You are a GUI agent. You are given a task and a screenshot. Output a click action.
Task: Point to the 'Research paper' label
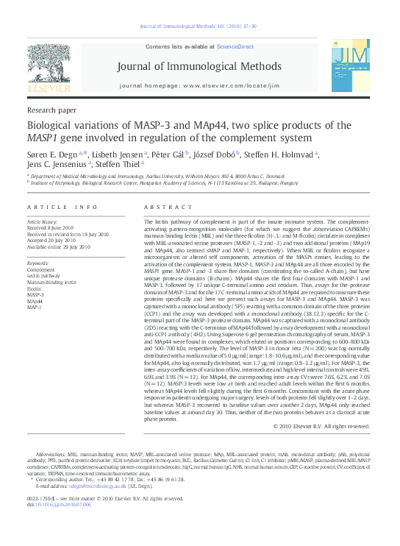pyautogui.click(x=51, y=108)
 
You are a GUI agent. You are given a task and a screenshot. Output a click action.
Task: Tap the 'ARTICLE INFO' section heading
pyautogui.click(x=62, y=208)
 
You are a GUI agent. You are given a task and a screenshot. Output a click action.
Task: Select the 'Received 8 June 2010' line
pyautogui.click(x=51, y=228)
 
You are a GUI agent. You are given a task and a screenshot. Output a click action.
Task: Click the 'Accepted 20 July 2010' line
pyautogui.click(x=51, y=240)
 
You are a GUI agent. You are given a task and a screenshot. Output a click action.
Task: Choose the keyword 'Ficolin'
pyautogui.click(x=36, y=288)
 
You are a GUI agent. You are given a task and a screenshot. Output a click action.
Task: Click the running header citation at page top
pyautogui.click(x=199, y=27)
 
